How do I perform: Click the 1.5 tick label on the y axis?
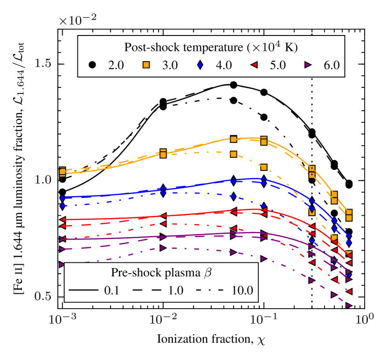tap(44, 64)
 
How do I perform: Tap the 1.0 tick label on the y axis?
tap(44, 181)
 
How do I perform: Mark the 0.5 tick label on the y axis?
tap(44, 297)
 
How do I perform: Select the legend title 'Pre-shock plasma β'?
tap(161, 272)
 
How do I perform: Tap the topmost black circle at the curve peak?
tap(234, 85)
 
